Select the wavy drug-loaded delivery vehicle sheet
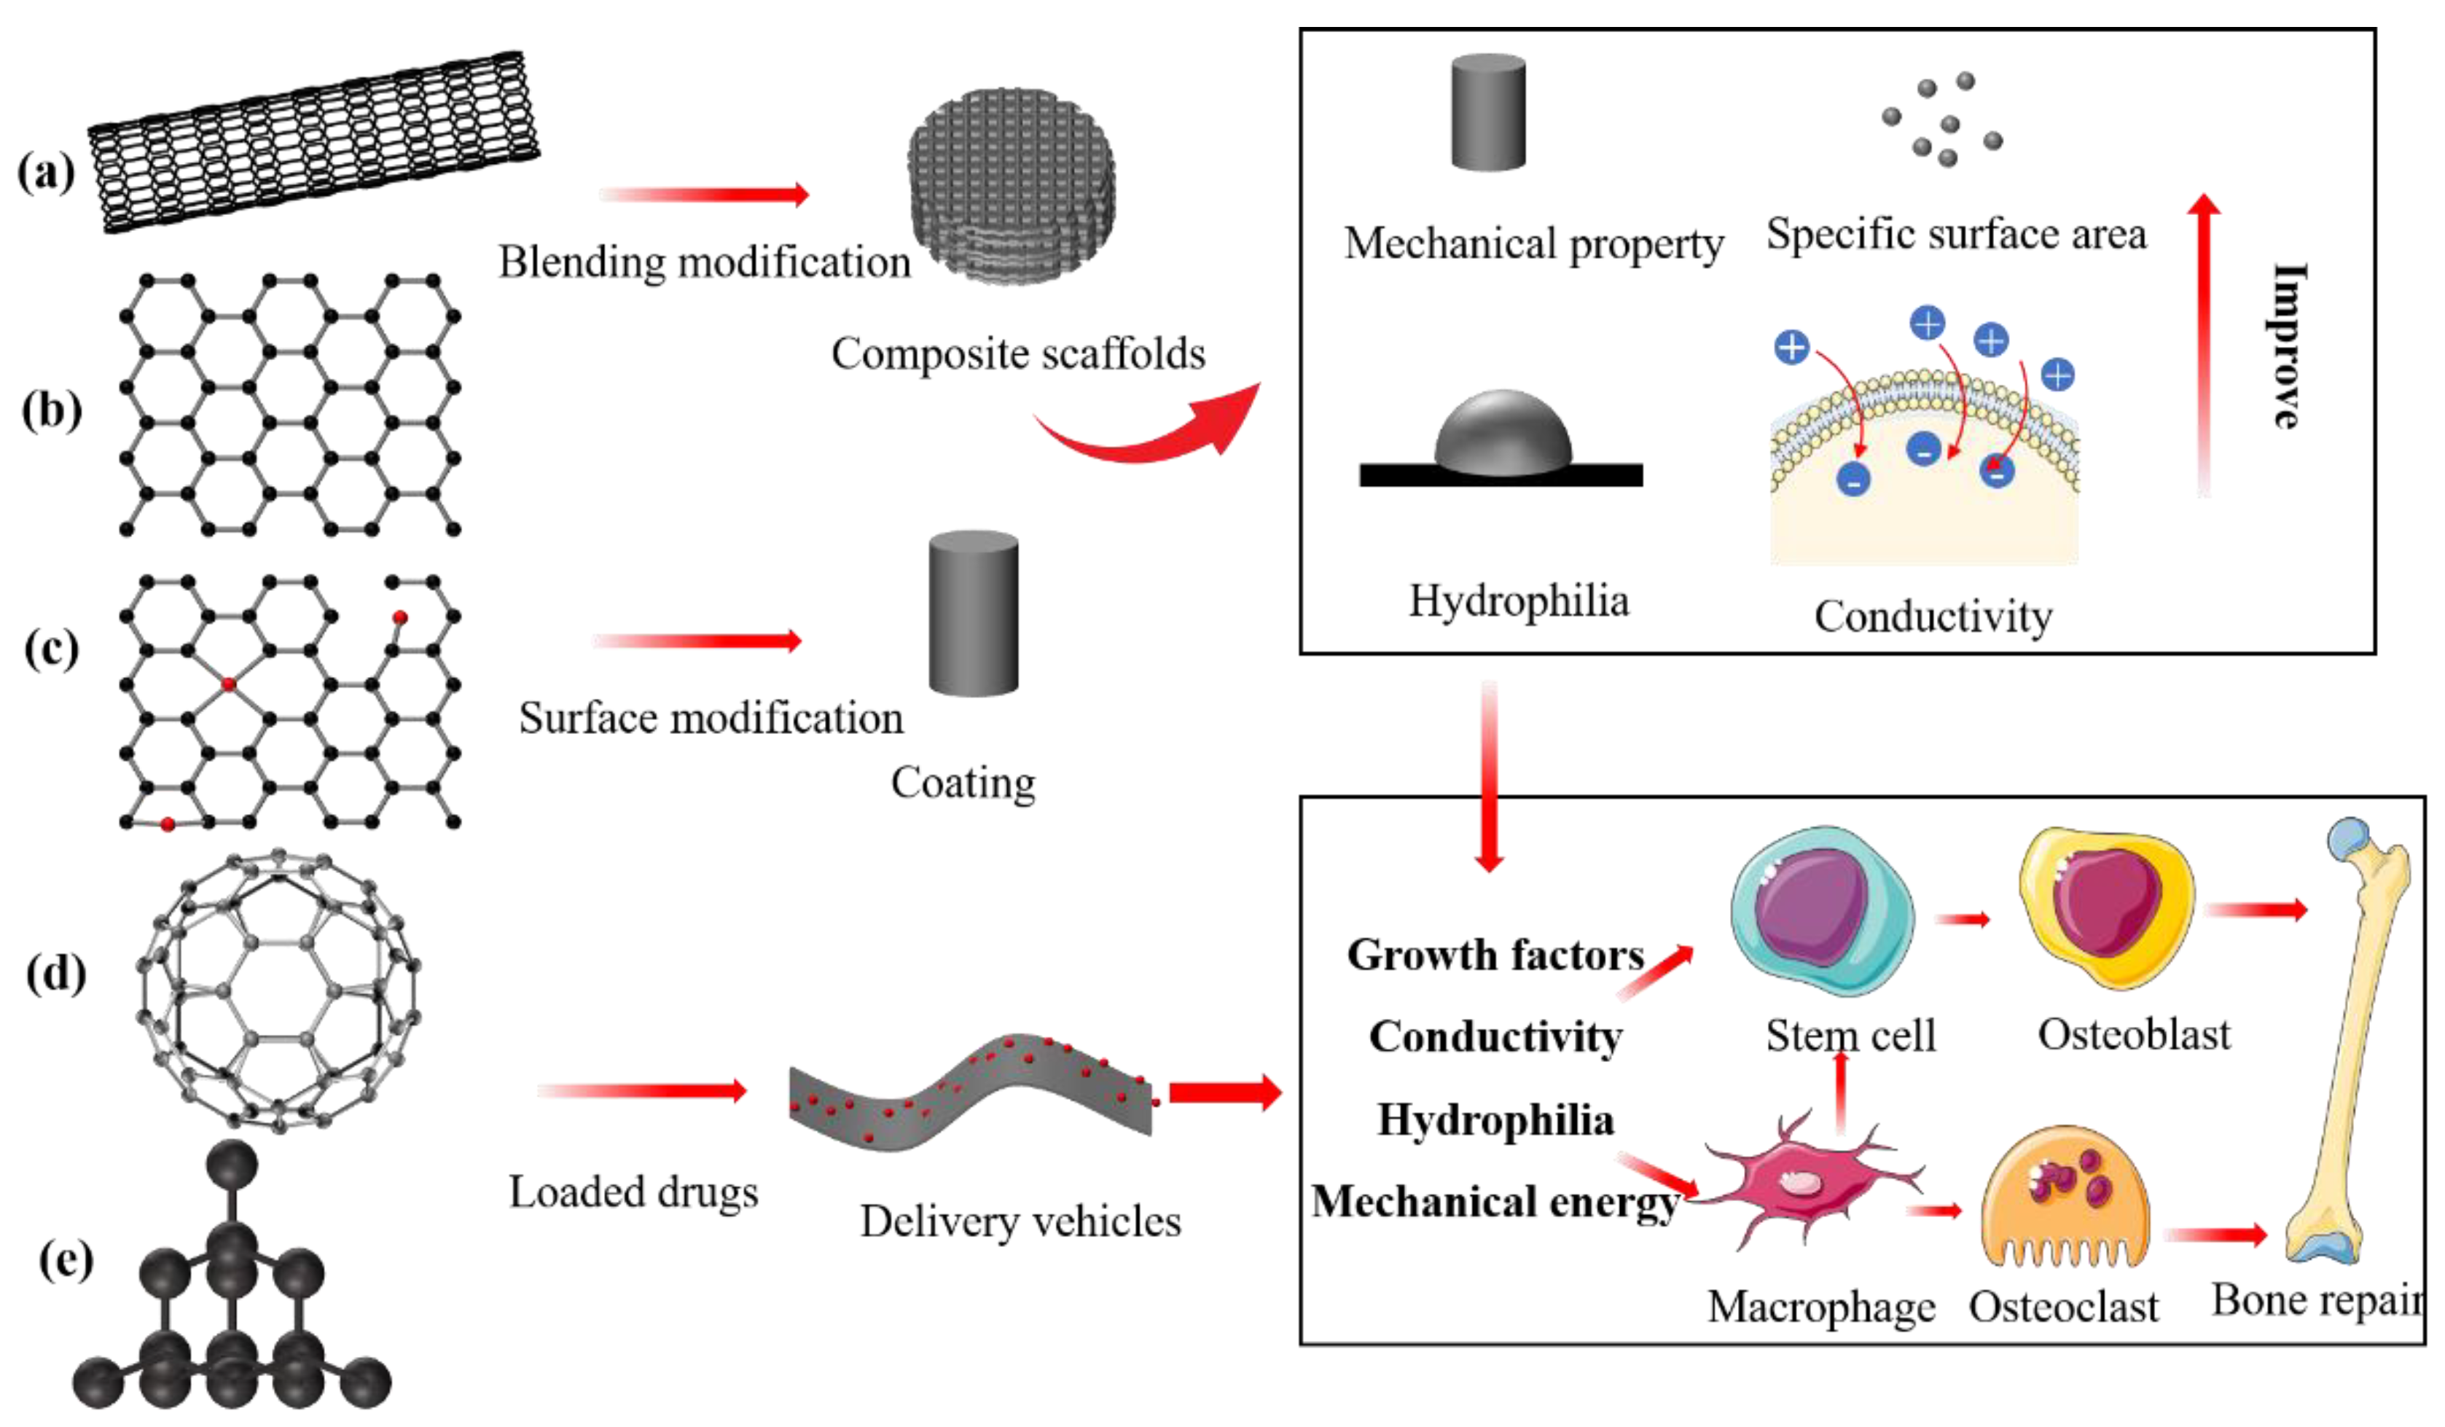click(x=970, y=1091)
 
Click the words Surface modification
click(x=711, y=719)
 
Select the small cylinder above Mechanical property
click(x=1487, y=112)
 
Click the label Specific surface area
click(x=1955, y=234)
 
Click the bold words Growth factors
click(x=1495, y=955)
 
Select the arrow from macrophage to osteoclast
click(x=1933, y=1210)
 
